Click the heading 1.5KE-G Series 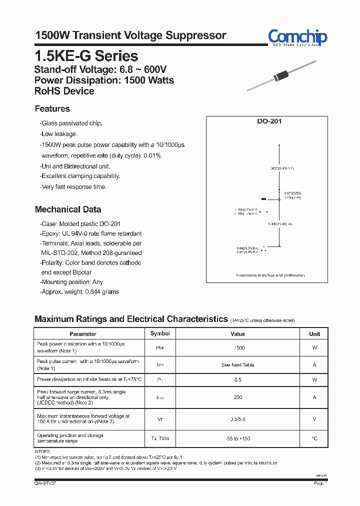86,56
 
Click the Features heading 52,109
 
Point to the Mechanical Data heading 68,209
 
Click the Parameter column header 83,333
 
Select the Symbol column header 160,333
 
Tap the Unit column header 314,333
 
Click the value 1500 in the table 238,347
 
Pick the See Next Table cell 238,365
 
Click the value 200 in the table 238,397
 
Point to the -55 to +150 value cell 238,438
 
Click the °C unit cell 314,438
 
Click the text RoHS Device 64,91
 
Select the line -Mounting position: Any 71,282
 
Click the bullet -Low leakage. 58,134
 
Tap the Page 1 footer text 320,483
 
